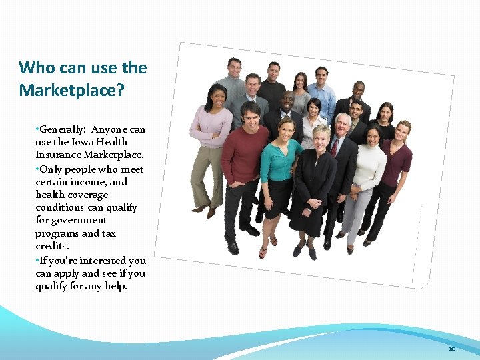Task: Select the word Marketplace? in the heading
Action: pyautogui.click(x=71, y=90)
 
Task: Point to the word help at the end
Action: pyautogui.click(x=114, y=286)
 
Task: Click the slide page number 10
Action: pyautogui.click(x=452, y=349)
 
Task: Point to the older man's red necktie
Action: pyautogui.click(x=334, y=147)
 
